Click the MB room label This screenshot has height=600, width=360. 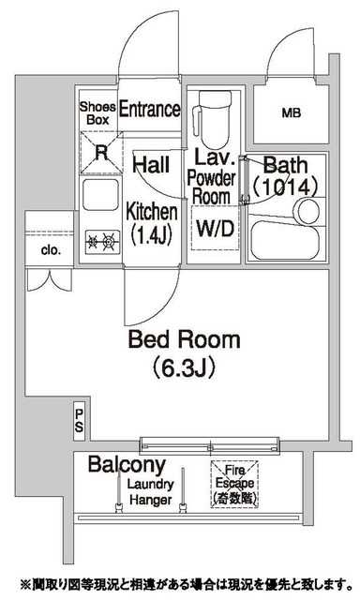coord(292,112)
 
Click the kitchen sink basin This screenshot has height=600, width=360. coord(100,194)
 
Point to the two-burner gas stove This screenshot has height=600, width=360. coord(102,242)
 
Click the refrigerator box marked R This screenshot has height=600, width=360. coord(101,153)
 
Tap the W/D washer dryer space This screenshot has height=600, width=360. coord(215,229)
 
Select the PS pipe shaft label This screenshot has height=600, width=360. coord(79,421)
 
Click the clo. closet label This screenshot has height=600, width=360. coord(51,250)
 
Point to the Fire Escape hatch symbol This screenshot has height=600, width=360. coord(234,484)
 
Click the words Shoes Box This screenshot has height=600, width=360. coord(97,113)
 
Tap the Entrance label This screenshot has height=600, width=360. coord(150,109)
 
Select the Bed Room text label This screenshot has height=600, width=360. coord(185,339)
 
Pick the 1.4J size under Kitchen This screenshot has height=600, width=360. coord(152,235)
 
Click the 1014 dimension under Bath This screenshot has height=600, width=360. coord(285,187)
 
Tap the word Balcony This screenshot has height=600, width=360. coord(127,465)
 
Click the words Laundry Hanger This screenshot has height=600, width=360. coord(150,492)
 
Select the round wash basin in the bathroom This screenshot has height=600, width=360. coord(308,211)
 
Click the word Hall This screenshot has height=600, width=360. coord(151,165)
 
